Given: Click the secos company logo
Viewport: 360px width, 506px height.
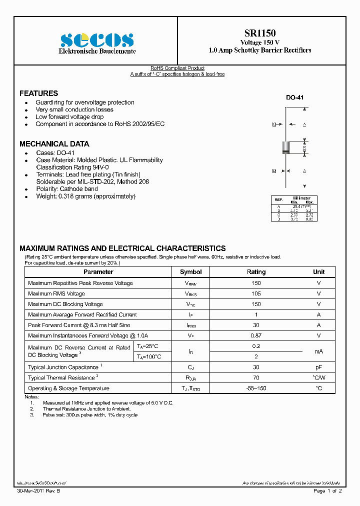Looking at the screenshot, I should click(x=97, y=40).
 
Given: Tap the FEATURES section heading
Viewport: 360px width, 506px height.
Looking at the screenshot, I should click(x=38, y=93).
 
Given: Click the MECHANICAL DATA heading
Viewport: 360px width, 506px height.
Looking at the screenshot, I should click(x=54, y=144).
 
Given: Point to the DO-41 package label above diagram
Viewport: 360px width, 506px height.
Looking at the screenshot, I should click(x=294, y=98).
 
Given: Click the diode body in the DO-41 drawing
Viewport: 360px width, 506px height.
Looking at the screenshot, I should click(x=286, y=147).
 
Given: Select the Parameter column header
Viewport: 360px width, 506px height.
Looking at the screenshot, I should click(x=98, y=272).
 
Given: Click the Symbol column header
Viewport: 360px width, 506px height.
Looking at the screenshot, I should click(x=190, y=272).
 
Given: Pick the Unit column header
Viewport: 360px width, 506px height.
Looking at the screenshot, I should click(x=318, y=272).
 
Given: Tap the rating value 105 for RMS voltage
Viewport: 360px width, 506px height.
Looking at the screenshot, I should click(x=256, y=294).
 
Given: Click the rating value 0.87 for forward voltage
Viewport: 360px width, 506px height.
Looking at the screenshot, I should click(x=256, y=336).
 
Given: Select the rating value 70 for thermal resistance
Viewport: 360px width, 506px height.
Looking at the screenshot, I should click(x=256, y=378).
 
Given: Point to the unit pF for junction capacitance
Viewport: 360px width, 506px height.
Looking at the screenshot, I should click(x=318, y=367).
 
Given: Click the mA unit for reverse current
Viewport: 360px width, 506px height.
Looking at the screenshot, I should click(x=318, y=352).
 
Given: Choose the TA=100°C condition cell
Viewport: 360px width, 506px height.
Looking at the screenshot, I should click(x=149, y=357).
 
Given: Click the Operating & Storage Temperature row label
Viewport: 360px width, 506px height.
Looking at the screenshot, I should click(x=68, y=388).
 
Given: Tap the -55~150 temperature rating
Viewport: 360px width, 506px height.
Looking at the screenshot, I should click(x=256, y=388).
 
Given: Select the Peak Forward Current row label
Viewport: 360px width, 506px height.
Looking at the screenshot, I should click(x=79, y=325).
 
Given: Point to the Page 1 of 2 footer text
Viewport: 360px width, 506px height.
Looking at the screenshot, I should click(x=327, y=491).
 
